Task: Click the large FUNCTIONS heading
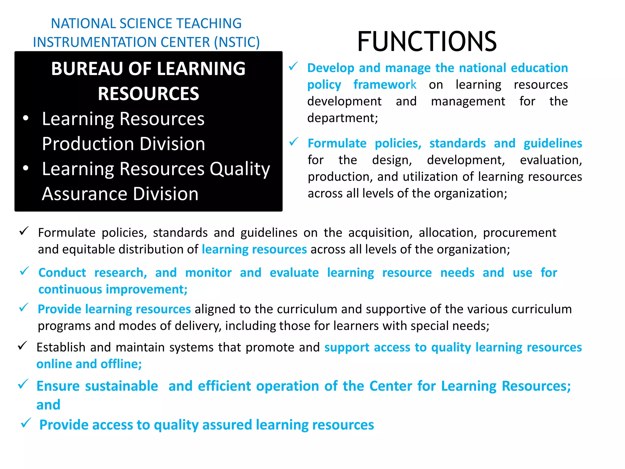(427, 42)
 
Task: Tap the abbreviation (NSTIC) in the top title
(237, 42)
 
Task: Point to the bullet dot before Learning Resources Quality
(26, 168)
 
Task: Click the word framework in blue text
(385, 85)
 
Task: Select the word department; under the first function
(342, 118)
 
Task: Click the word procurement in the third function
(519, 233)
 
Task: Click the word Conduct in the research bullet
(62, 273)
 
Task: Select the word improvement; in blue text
(147, 289)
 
